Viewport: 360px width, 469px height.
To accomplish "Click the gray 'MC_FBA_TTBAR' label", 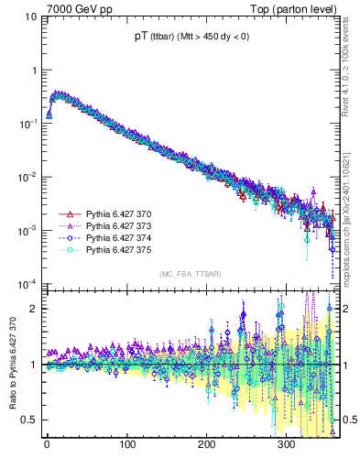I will pos(189,274).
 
